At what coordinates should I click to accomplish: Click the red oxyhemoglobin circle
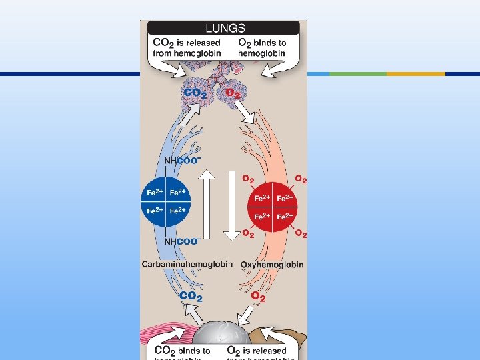point(274,207)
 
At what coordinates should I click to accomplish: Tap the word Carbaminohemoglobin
point(187,264)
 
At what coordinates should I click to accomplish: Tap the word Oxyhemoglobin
point(272,265)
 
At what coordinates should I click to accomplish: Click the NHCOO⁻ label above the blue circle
point(181,161)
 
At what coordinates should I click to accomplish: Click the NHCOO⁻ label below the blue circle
point(181,241)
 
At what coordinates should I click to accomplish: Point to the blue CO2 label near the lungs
point(194,93)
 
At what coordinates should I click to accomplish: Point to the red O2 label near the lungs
point(233,93)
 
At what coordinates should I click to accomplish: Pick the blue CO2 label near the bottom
point(191,295)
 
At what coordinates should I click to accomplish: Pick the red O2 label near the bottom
point(258,297)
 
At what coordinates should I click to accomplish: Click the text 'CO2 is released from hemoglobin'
point(186,48)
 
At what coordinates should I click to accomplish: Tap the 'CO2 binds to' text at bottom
point(182,351)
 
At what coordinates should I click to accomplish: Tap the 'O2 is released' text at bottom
point(257,351)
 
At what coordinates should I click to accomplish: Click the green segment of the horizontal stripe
point(358,74)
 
